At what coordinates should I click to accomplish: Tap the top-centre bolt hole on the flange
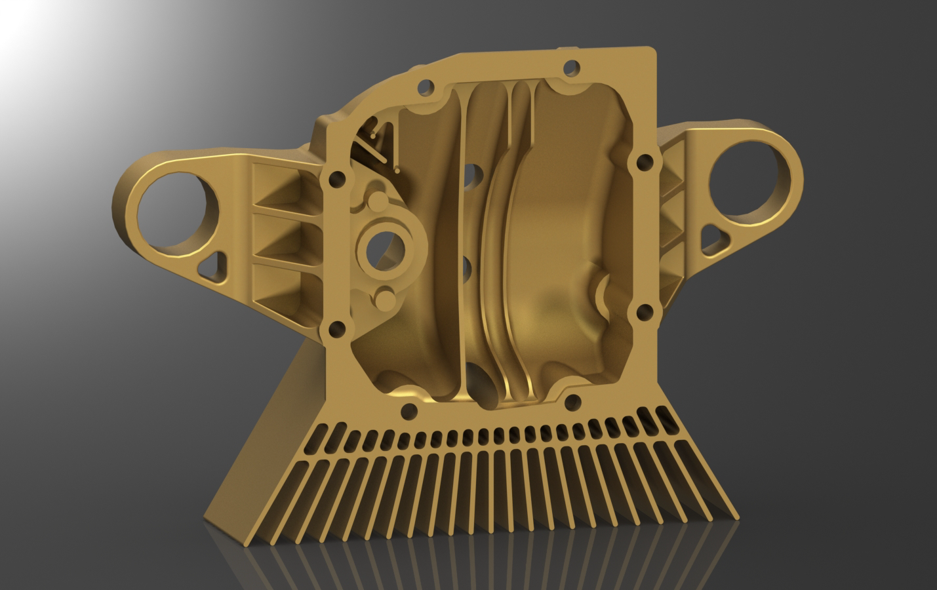[x=572, y=67]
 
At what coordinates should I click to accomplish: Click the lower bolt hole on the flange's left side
[x=338, y=328]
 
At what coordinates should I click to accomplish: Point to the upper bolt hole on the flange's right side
[x=645, y=161]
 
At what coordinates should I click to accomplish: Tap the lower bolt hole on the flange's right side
[x=644, y=311]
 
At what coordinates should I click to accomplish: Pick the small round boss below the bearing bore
[x=385, y=301]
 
